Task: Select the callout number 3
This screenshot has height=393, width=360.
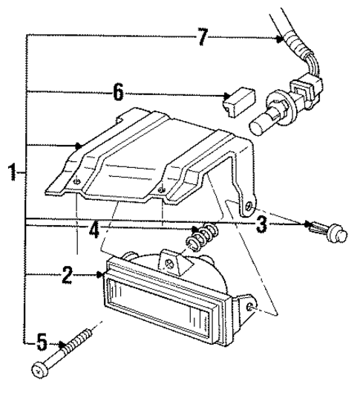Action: tap(261, 224)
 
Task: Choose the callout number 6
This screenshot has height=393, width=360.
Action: tap(117, 94)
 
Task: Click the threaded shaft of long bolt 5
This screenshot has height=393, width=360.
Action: tap(79, 343)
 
